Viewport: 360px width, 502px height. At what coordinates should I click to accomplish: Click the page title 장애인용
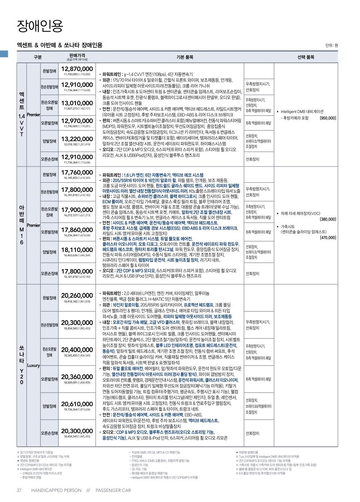(40, 26)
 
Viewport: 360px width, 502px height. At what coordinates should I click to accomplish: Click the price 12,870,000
(77, 69)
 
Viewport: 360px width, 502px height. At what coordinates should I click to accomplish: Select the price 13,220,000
(77, 139)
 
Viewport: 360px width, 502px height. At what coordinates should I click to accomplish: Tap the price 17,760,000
(77, 172)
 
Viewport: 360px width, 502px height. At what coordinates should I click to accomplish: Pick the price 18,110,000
(77, 250)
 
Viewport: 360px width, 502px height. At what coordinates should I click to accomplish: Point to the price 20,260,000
(77, 296)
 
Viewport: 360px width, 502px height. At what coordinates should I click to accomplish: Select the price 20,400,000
(77, 350)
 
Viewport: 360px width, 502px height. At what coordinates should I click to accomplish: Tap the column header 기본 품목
(185, 57)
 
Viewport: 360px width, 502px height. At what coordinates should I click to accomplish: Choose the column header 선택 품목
(305, 57)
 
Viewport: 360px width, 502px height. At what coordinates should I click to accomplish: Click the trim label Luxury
(34, 365)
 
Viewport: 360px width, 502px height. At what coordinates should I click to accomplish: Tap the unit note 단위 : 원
(331, 46)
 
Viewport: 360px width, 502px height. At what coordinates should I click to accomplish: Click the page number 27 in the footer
(19, 490)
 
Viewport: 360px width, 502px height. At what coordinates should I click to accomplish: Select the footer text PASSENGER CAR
(113, 490)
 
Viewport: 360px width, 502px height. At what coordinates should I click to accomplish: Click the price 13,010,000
(77, 103)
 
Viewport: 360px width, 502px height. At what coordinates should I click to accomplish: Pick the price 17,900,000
(77, 210)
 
